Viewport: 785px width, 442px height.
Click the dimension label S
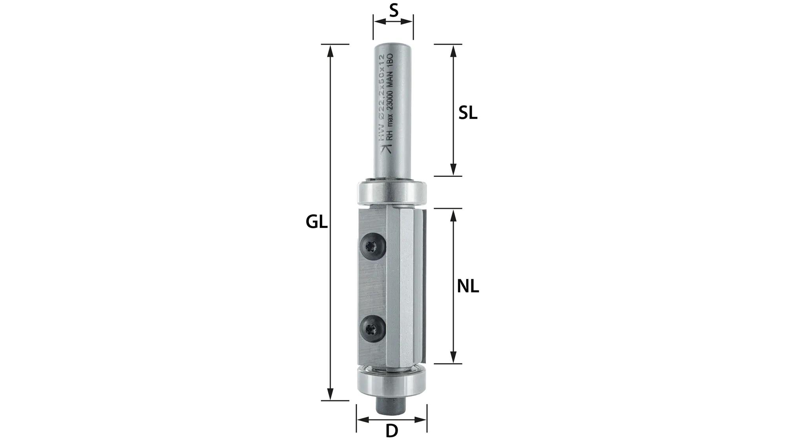393,11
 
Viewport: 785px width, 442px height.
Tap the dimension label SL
468,114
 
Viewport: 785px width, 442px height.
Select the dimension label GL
316,222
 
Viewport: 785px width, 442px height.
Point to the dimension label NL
468,287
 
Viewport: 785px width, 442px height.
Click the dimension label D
392,431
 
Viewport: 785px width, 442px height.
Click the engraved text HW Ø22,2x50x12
380,98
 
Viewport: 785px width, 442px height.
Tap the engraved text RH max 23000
389,114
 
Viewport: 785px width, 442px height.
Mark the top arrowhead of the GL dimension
330,50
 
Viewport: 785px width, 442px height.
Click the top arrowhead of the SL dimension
453,50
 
